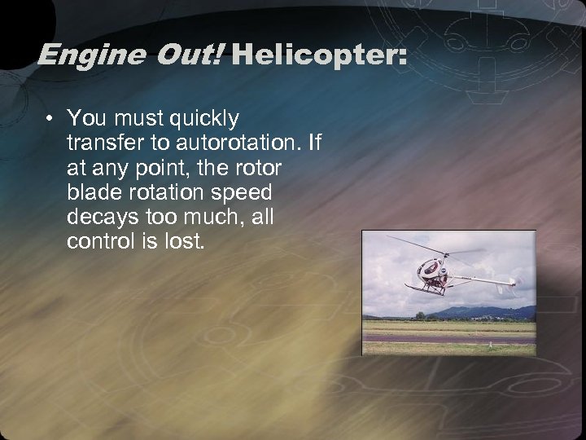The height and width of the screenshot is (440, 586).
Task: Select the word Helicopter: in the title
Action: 318,56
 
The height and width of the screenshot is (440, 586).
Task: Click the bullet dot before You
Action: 50,119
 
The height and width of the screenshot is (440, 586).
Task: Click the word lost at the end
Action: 181,242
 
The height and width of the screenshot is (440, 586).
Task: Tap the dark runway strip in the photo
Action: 448,338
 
